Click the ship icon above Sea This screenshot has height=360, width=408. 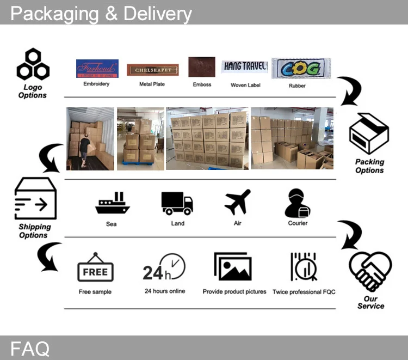(x=112, y=204)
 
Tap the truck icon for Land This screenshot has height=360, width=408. (x=177, y=203)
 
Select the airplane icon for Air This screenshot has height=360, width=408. (x=238, y=202)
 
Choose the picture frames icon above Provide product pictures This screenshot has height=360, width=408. (x=233, y=267)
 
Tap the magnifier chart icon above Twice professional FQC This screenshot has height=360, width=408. (x=303, y=267)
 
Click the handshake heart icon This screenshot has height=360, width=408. (x=370, y=271)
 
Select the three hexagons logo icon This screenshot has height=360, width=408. (x=33, y=65)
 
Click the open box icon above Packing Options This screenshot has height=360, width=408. (x=369, y=135)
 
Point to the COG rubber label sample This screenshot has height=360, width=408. (x=301, y=69)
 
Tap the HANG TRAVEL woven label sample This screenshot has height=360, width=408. (x=245, y=67)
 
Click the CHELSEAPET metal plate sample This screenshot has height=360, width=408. (x=153, y=70)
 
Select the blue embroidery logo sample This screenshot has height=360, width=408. (x=97, y=69)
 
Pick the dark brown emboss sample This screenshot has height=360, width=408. (x=202, y=68)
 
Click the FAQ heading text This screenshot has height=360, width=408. (x=30, y=348)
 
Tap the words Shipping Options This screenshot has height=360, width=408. (x=34, y=231)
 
